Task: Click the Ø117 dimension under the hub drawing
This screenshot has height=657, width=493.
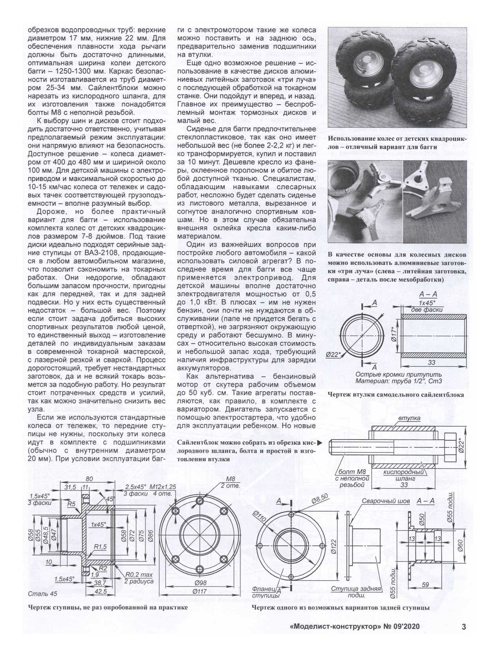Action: point(200,591)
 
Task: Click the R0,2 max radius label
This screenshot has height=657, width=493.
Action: point(139,575)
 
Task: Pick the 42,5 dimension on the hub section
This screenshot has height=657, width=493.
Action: point(101,592)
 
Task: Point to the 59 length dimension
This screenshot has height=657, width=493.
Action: point(425,584)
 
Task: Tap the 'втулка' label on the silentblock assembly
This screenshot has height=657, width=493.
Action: point(409,418)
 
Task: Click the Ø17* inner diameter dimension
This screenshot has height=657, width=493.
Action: point(394,336)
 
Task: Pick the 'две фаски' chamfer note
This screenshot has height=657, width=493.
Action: point(426,309)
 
